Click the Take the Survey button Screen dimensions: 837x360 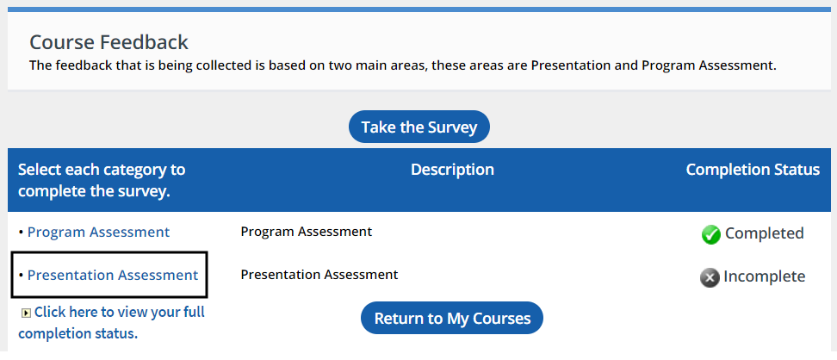pyautogui.click(x=419, y=127)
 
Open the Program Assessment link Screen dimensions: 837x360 pyautogui.click(x=99, y=233)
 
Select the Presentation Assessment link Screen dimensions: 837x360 pyautogui.click(x=113, y=275)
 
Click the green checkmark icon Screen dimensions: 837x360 pyautogui.click(x=711, y=234)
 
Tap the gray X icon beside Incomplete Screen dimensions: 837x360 pyautogui.click(x=710, y=277)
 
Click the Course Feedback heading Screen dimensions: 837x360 pyautogui.click(x=108, y=42)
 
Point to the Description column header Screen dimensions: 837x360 pyautogui.click(x=452, y=170)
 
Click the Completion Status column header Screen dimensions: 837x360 pyautogui.click(x=753, y=170)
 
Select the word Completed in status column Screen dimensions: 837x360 pyautogui.click(x=765, y=233)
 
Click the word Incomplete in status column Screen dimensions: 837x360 pyautogui.click(x=765, y=276)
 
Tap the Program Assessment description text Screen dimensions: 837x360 pyautogui.click(x=307, y=232)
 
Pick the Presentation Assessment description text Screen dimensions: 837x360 pyautogui.click(x=319, y=275)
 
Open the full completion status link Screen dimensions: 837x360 pyautogui.click(x=112, y=323)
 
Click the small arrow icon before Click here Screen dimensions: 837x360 pyautogui.click(x=26, y=313)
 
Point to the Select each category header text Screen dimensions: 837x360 pyautogui.click(x=102, y=180)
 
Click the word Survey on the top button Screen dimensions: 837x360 pyautogui.click(x=453, y=127)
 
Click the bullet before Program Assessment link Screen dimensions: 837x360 pyautogui.click(x=21, y=233)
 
